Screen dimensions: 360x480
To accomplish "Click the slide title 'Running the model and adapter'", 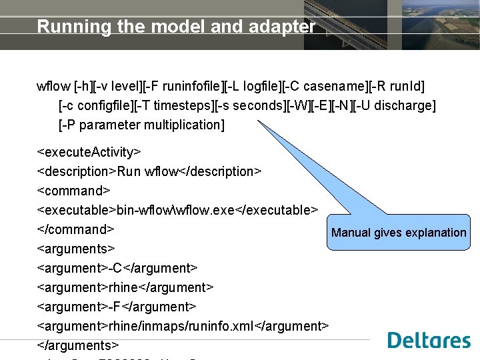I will point(176,27).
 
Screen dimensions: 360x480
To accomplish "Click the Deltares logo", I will point(429,340).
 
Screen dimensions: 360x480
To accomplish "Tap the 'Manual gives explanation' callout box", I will point(399,233).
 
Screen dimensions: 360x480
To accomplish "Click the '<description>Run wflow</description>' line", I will point(149,171).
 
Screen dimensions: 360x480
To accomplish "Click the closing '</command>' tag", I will point(76,229).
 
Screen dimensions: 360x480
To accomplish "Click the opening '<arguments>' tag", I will point(75,249).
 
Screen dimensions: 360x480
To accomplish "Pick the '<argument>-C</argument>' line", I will point(117,268).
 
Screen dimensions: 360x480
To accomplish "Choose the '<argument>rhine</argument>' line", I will point(125,287).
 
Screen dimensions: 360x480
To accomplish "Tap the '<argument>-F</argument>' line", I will point(117,307).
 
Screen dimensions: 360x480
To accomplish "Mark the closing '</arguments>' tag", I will point(78,345).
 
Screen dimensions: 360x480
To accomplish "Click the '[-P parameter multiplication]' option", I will point(141,125).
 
